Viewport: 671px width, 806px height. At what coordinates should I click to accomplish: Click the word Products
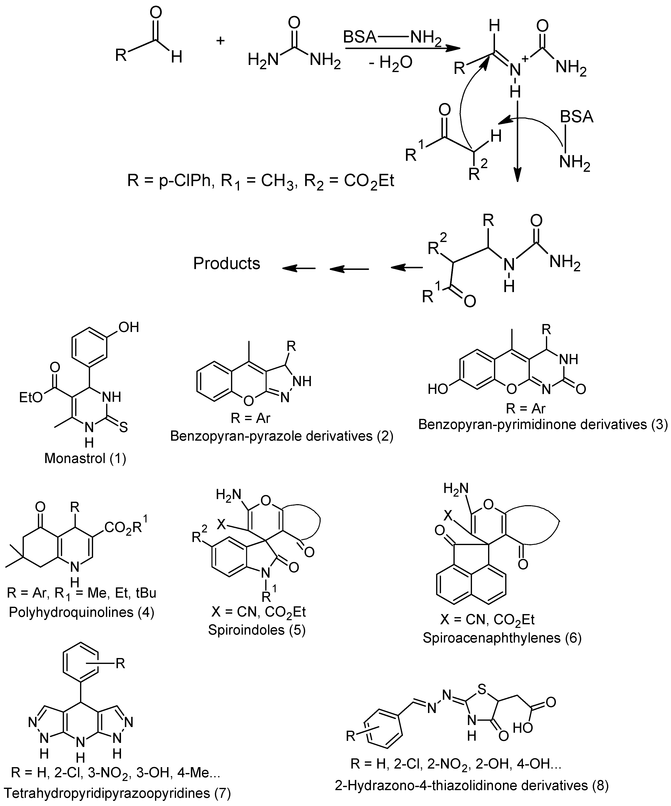226,264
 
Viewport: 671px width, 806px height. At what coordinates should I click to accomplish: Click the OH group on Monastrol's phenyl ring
128,327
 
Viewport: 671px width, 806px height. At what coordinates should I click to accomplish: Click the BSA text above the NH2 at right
576,116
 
